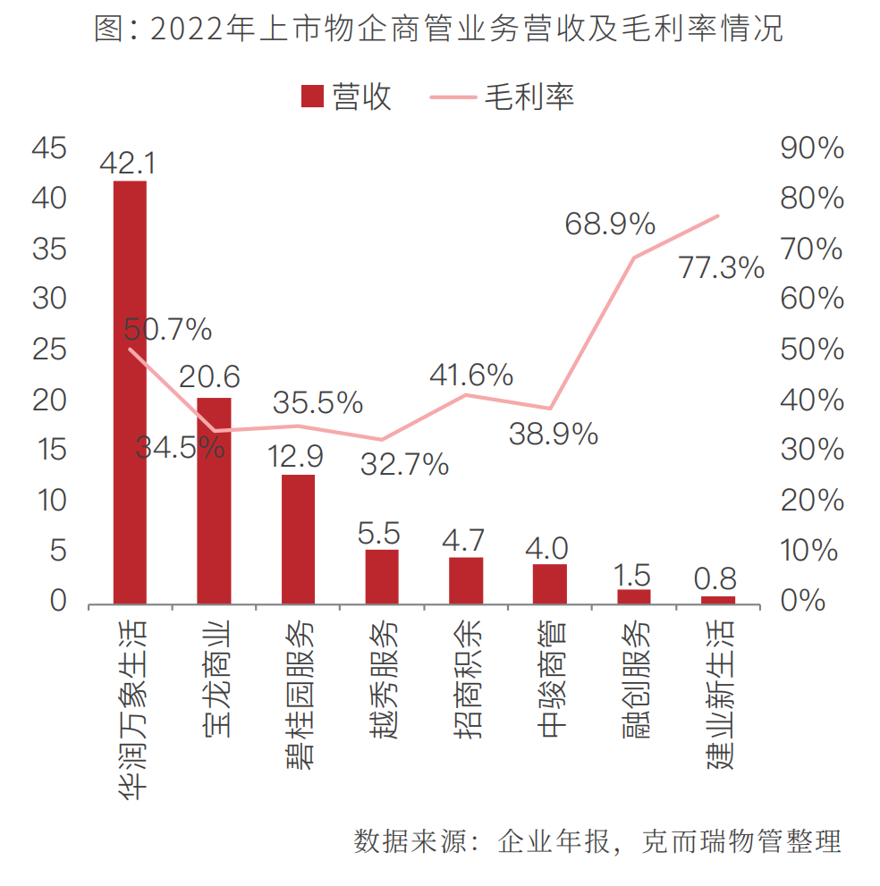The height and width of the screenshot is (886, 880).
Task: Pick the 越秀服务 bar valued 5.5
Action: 382,578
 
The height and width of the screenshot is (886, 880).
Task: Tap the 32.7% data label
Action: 404,464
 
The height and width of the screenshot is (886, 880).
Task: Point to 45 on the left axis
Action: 49,149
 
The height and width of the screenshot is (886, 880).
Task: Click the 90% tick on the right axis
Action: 812,149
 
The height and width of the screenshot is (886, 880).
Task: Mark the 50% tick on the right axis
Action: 812,350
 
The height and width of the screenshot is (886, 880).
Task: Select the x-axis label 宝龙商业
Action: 215,679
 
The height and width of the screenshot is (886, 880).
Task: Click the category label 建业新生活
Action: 718,694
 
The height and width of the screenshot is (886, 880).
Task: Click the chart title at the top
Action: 439,30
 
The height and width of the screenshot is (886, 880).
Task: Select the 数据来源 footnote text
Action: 598,841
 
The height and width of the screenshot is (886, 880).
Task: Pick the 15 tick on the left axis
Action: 49,450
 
